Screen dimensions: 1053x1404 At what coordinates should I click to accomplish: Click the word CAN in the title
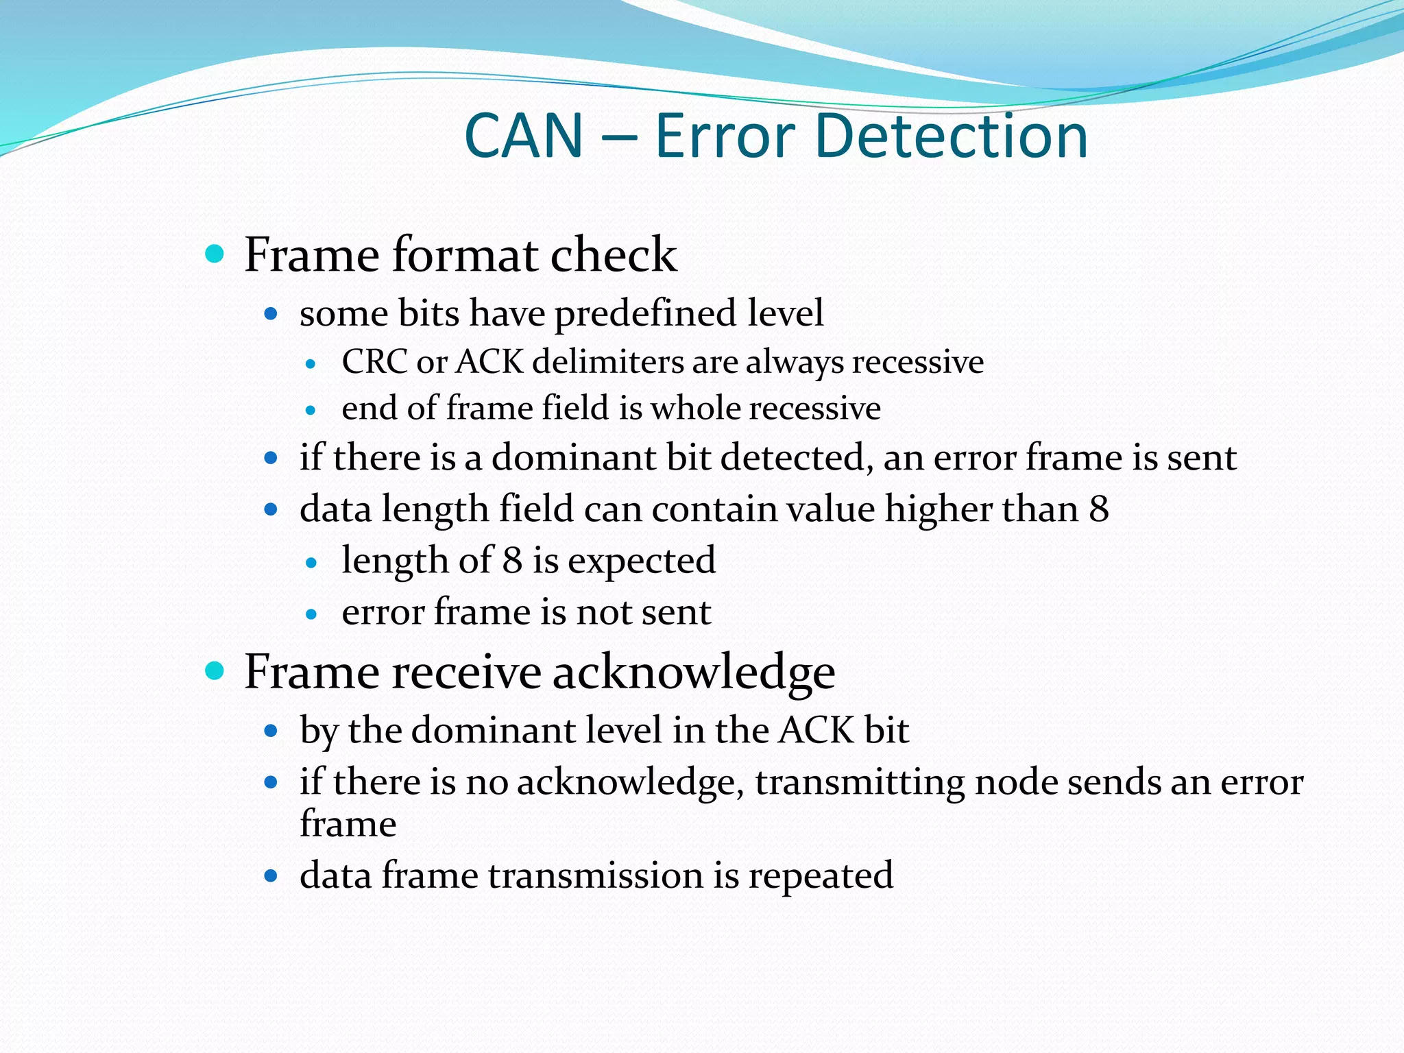tap(524, 136)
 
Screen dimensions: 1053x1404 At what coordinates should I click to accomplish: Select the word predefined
tap(645, 314)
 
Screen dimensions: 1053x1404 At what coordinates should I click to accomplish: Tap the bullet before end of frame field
tap(311, 411)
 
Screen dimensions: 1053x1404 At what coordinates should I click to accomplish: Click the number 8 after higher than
tap(1098, 509)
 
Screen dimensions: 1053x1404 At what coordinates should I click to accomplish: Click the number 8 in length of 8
tap(512, 560)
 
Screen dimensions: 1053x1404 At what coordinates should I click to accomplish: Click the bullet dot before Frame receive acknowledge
tap(215, 671)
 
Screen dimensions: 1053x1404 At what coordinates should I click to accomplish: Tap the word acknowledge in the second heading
tap(694, 673)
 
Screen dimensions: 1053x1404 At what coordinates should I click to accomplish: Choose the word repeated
tap(821, 876)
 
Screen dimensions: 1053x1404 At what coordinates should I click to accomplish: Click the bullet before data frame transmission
tap(271, 876)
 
